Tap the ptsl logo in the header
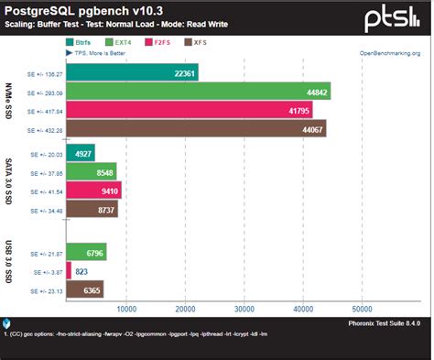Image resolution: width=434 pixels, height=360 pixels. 395,17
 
